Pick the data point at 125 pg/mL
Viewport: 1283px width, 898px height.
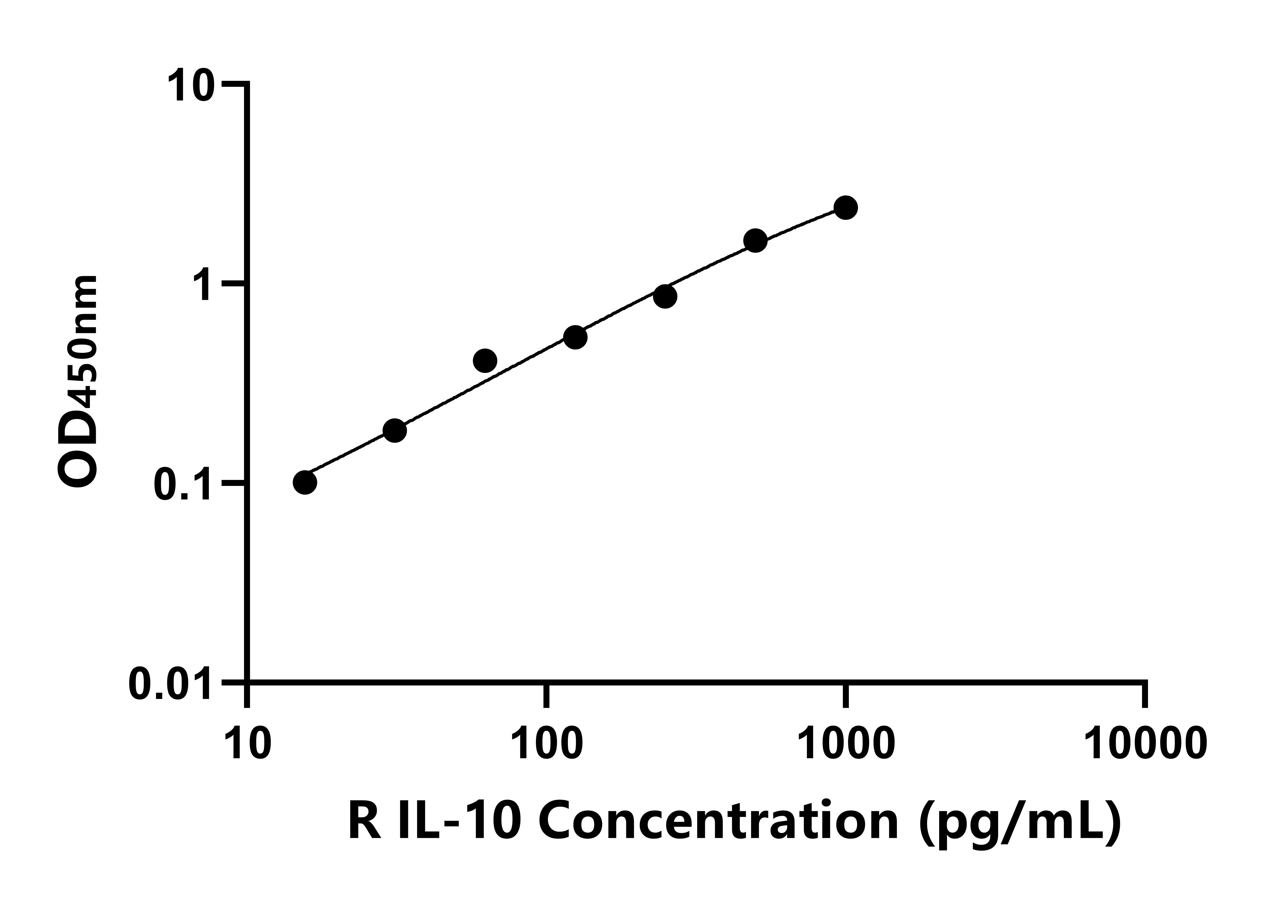(x=575, y=337)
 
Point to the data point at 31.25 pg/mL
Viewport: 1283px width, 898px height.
(x=394, y=430)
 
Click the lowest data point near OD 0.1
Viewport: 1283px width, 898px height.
(x=305, y=482)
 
